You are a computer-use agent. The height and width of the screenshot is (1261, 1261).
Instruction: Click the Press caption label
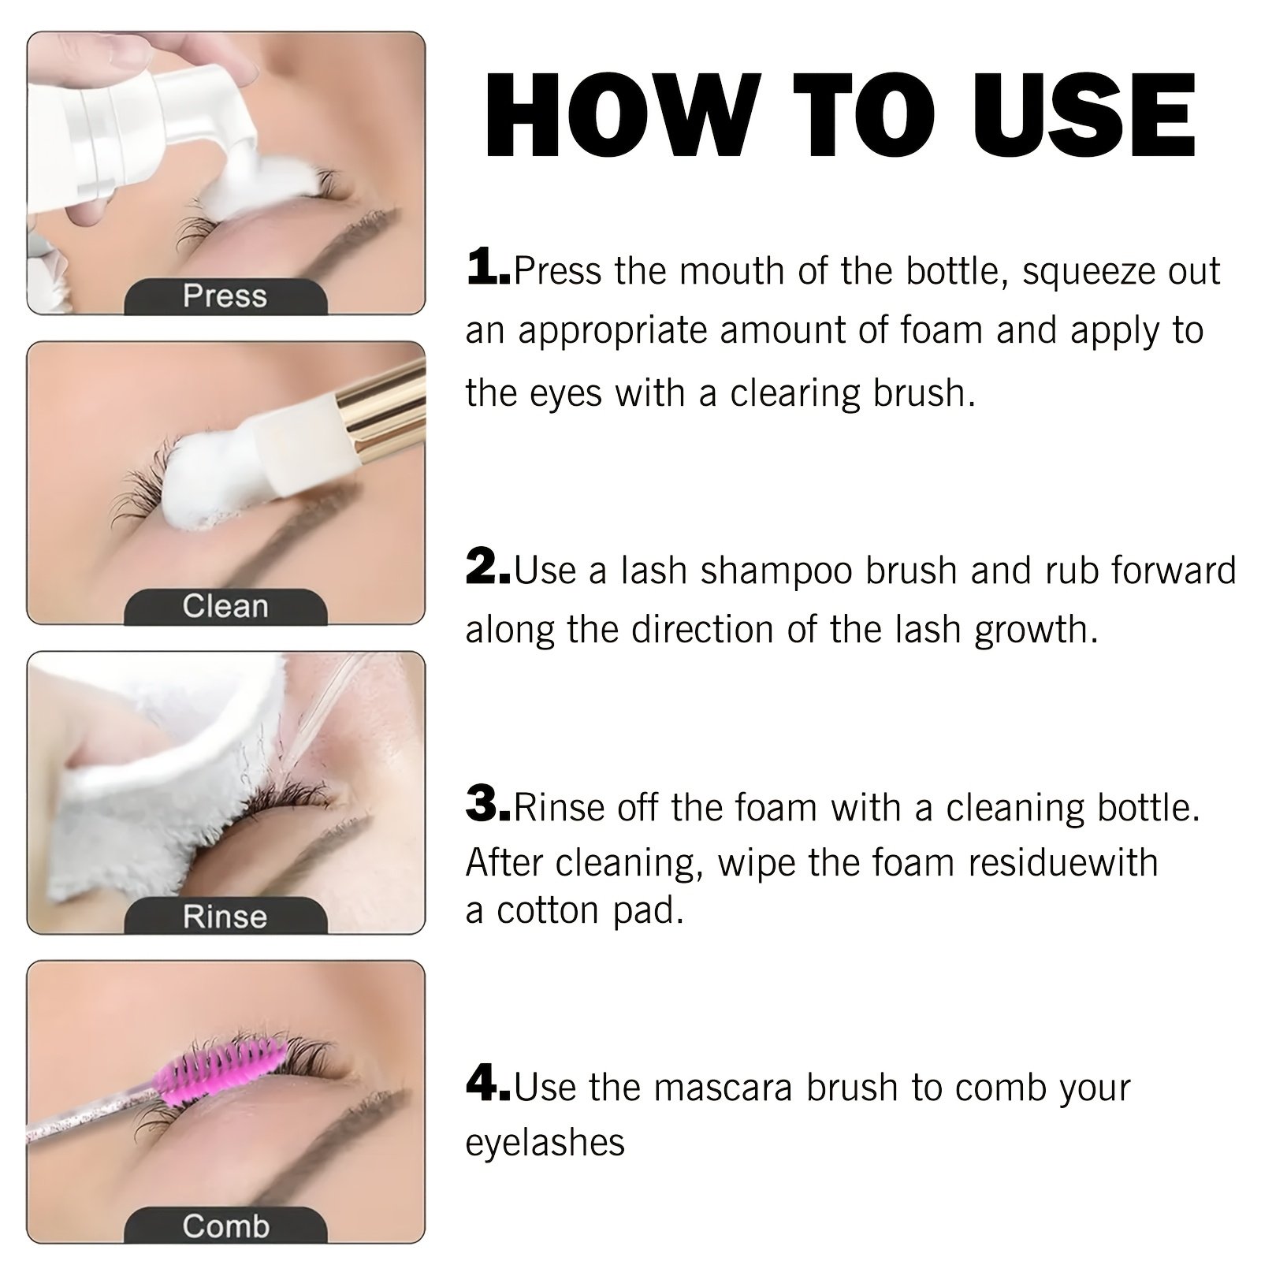[x=225, y=296]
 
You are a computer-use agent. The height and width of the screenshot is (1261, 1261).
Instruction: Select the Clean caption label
[x=225, y=606]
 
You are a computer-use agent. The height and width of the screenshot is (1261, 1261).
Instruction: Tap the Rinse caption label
[x=225, y=917]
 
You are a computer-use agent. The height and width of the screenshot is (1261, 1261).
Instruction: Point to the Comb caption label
[x=225, y=1226]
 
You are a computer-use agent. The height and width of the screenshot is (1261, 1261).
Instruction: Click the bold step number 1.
[x=488, y=267]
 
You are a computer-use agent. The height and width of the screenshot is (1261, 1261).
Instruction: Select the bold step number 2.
[x=489, y=567]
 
